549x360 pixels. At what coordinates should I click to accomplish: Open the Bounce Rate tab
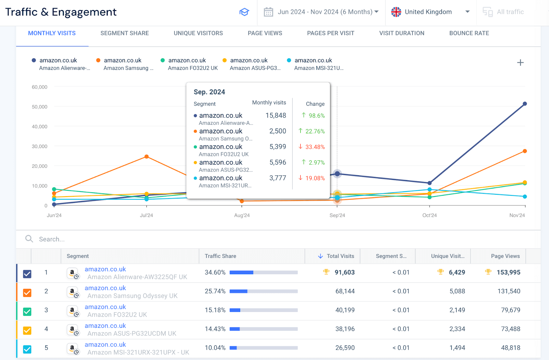pos(469,33)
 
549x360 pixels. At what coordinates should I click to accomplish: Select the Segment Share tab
pos(125,33)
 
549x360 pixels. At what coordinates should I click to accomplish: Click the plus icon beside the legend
pos(520,63)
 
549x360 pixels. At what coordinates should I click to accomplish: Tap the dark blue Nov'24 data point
pos(525,104)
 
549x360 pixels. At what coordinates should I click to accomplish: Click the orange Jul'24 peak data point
pos(147,157)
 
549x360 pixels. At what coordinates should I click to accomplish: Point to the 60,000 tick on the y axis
pos(39,87)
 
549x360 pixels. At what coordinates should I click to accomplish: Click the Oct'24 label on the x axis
pos(429,215)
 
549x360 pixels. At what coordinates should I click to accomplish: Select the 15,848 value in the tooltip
pos(276,116)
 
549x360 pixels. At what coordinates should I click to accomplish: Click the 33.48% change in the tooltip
pos(315,147)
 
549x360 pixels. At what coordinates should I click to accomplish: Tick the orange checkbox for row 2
pos(27,292)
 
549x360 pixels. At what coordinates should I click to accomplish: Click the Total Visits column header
pos(340,256)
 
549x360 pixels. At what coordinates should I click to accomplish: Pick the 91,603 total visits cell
pos(344,273)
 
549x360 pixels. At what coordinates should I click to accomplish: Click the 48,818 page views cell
pos(510,348)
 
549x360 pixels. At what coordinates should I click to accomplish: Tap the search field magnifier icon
pos(29,239)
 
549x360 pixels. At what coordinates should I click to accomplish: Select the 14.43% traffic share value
pos(215,329)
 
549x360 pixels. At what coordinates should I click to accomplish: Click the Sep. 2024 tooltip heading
pos(209,92)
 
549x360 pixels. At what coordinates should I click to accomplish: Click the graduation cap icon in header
pos(244,12)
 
